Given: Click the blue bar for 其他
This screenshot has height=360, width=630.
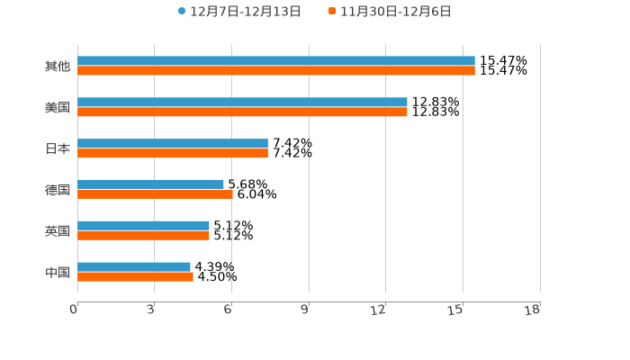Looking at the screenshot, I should point(275,61).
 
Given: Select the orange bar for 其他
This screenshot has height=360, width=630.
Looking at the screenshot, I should point(275,71).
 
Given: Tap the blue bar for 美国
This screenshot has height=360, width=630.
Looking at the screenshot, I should point(242,103).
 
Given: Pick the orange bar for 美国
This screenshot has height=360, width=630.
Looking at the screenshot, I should point(242,112).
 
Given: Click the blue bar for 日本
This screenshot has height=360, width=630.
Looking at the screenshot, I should point(173,144).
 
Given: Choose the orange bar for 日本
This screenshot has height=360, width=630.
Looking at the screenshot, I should point(173,154).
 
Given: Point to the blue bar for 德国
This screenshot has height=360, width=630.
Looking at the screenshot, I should point(150,184).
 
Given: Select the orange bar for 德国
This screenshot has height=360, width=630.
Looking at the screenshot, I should point(155,194).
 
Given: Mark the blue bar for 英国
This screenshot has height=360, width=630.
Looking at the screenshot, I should point(143,226).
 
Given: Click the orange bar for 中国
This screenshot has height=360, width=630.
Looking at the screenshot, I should point(135,277).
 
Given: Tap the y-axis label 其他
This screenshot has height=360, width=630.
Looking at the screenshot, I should point(58,67).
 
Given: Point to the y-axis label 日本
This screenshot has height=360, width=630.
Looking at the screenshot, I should point(58,148).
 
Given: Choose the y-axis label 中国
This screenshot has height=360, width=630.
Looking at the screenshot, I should point(58,272).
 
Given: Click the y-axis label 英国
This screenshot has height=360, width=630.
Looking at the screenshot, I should point(58,231).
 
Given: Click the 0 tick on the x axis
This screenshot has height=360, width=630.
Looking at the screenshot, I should point(75,310).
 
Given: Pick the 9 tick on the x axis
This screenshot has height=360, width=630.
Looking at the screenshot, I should point(306,310).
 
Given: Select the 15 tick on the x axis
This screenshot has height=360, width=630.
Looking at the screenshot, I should point(458,310).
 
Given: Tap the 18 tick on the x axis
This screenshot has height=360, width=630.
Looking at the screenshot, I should point(535,310).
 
